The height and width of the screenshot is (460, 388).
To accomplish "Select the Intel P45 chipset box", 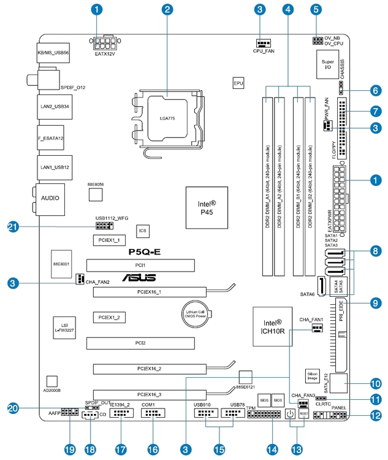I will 206,204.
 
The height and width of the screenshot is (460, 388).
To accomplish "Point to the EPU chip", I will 239,82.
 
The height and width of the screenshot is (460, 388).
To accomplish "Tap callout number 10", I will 375,381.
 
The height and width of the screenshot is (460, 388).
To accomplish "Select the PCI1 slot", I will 140,265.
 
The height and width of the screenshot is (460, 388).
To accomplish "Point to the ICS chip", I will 143,231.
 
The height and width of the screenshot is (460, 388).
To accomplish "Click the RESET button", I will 303,415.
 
